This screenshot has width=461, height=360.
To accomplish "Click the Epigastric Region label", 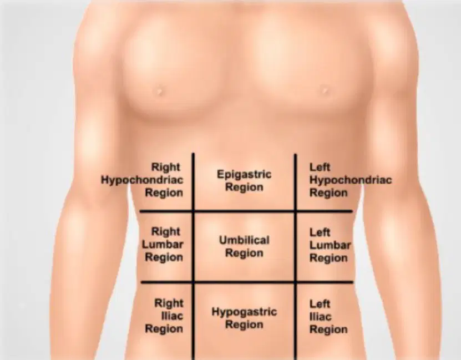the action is coord(244,180).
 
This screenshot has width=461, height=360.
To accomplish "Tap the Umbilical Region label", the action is coord(244,246).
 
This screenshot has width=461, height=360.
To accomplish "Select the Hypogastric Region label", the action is coord(244,318).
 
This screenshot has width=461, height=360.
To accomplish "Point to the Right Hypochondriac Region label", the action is coord(143,180).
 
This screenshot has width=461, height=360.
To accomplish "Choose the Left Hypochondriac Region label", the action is coord(351,180).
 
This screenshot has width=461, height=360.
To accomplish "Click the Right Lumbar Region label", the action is coord(163,244).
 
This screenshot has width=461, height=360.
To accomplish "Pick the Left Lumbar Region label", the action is coord(330,245).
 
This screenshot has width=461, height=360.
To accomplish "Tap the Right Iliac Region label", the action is coord(164,316).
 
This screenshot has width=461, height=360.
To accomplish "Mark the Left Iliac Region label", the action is coord(328,317).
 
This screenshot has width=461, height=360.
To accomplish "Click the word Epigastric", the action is coord(244,174).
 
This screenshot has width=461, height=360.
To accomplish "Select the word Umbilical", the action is coord(244,240).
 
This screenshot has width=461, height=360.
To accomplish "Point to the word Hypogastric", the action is coord(244,312).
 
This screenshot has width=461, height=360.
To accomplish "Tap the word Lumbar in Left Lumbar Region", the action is coord(330,245).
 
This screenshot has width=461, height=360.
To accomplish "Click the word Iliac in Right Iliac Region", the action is coord(173,316).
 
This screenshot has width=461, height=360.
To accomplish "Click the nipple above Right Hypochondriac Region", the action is coord(159,90).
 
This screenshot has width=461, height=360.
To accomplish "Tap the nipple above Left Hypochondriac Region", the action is coord(325,89).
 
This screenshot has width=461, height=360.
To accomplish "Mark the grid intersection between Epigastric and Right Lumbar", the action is coord(193,211).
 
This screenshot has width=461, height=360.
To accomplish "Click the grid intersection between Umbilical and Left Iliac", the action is coord(296,282).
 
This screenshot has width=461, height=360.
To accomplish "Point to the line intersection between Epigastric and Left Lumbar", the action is coord(296,211).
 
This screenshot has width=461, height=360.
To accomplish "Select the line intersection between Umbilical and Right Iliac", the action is coord(193,282).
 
